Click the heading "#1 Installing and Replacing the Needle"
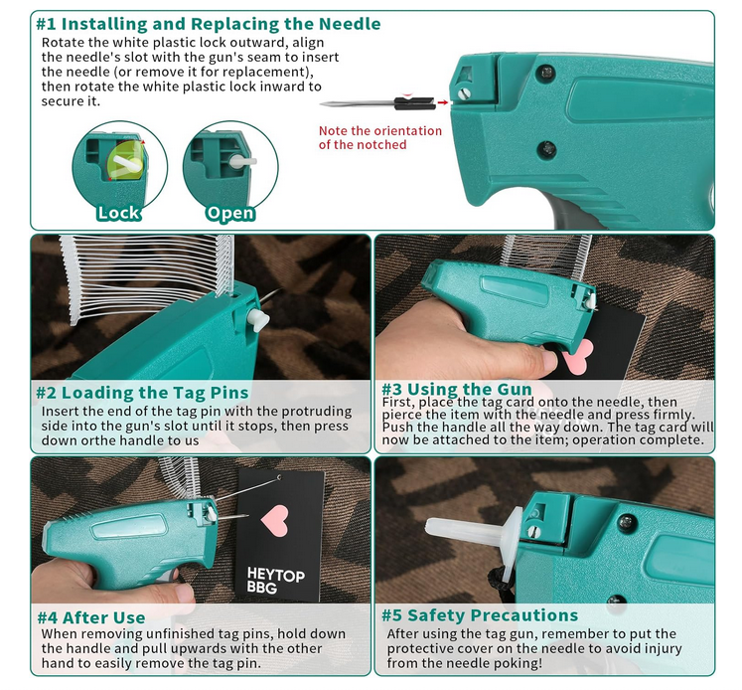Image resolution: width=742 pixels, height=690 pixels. (x=209, y=24)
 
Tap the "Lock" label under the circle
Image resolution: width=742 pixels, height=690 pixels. (x=118, y=213)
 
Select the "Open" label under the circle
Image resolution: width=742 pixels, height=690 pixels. (x=230, y=213)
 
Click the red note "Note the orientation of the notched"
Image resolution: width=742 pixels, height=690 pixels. (x=380, y=137)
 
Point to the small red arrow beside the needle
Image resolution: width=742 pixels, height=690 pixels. (x=443, y=102)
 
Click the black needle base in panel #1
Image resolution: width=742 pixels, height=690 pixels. (x=415, y=103)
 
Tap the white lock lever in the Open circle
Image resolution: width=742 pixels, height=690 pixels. (x=242, y=161)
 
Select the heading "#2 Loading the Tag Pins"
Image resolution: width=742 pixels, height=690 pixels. (x=142, y=393)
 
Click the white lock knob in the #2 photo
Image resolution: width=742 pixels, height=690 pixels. (x=258, y=319)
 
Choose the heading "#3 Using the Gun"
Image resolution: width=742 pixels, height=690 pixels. (x=457, y=390)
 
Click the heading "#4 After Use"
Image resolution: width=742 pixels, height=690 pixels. (x=91, y=617)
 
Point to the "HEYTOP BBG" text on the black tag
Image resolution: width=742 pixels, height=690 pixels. (x=275, y=581)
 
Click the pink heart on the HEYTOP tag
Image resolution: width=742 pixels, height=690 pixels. (x=274, y=520)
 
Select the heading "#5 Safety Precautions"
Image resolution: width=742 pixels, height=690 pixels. (x=480, y=615)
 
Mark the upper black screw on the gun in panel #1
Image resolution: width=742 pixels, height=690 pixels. (x=546, y=73)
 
